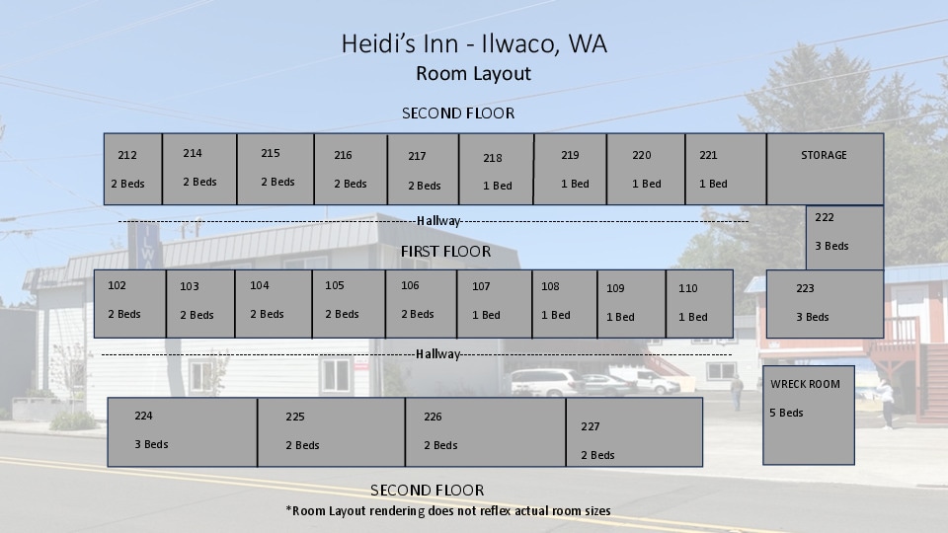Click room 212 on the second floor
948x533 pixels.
coord(132,169)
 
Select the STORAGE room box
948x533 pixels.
coord(825,169)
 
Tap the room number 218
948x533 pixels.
coord(493,158)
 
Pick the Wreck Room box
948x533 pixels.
coord(809,415)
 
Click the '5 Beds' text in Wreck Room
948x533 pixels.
coord(787,413)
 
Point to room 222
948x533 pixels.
coord(844,237)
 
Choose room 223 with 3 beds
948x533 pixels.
coord(825,303)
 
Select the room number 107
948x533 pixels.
coord(481,286)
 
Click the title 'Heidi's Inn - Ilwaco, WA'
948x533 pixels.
coord(474,44)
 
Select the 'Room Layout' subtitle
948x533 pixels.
coord(474,74)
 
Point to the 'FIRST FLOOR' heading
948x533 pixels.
coord(445,252)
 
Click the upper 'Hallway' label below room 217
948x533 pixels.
coord(438,221)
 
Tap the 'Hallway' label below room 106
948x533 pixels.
coord(438,354)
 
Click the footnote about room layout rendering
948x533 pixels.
coord(448,511)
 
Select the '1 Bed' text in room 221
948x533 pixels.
coord(713,184)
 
